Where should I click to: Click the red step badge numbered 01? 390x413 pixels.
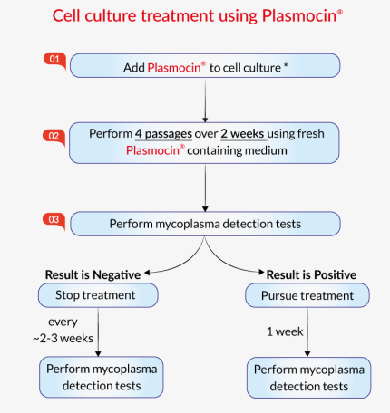54,59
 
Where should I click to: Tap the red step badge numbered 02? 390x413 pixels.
54,135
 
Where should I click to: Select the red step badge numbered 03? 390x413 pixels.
54,217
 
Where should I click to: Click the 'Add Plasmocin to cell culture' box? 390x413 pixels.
205,66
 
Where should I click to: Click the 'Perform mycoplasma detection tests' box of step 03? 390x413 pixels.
205,225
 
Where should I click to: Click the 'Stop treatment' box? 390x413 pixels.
98,295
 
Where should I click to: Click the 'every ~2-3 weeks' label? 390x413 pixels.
72,331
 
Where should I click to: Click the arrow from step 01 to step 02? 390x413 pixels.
207,98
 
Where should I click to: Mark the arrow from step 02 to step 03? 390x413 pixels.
207,187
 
